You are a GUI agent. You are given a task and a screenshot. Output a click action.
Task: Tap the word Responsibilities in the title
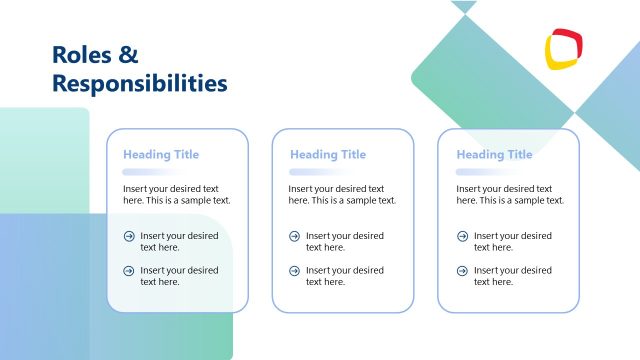[139, 83]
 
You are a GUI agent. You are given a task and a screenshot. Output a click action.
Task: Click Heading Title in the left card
[161, 155]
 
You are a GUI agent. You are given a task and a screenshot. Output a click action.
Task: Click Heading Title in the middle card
[328, 155]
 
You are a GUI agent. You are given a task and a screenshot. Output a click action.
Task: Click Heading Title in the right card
[494, 155]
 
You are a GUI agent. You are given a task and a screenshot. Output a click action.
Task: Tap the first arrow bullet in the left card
[128, 237]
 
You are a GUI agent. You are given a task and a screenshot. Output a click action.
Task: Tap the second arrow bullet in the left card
[128, 271]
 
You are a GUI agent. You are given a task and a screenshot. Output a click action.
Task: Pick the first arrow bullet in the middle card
[294, 237]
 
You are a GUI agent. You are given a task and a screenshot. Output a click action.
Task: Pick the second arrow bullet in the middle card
[294, 271]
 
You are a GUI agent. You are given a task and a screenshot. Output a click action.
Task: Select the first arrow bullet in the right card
[462, 237]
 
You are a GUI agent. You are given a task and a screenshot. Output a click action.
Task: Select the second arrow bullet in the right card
[462, 271]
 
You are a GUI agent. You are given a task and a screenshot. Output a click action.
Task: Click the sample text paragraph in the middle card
[342, 194]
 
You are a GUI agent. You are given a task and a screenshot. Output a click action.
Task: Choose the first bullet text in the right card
[512, 242]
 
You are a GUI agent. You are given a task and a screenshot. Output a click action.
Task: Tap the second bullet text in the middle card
[344, 276]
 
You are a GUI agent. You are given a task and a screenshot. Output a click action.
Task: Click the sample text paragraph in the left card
[176, 194]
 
